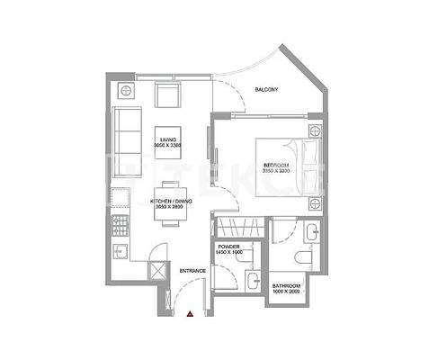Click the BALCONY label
[265, 89]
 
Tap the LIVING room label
[168, 140]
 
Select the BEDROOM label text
[276, 166]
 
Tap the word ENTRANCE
[193, 270]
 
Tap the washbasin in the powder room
[255, 278]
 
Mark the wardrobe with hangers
[237, 227]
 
